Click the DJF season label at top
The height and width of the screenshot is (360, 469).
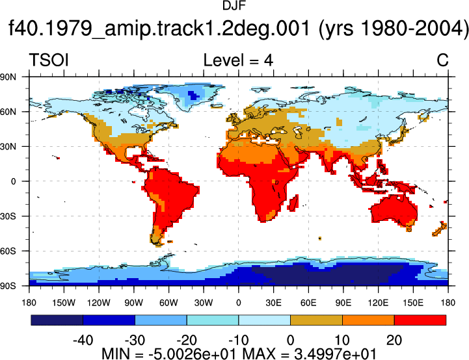click(x=234, y=6)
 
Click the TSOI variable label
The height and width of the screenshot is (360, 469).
click(x=49, y=60)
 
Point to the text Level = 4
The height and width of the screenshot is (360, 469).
click(x=238, y=60)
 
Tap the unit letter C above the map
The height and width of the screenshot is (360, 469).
click(x=442, y=60)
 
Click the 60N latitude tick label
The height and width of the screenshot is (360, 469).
click(x=8, y=112)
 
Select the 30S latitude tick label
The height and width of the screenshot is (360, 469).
click(x=8, y=216)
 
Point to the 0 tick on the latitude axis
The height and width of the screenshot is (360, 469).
click(x=13, y=181)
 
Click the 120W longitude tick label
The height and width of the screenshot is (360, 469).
click(x=99, y=303)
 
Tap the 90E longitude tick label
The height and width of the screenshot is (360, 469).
click(x=343, y=303)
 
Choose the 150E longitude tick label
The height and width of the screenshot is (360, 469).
click(x=413, y=303)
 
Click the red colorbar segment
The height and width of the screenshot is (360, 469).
click(x=420, y=320)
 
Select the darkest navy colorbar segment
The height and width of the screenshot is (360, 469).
click(x=57, y=320)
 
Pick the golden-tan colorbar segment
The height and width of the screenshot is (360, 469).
click(x=316, y=320)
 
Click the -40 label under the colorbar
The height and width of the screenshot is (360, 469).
click(x=83, y=340)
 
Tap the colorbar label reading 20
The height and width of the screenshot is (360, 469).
click(x=394, y=340)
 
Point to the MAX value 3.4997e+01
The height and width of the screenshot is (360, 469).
click(x=335, y=354)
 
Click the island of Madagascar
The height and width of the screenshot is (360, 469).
click(x=293, y=203)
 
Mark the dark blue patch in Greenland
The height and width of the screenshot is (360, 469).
click(x=194, y=96)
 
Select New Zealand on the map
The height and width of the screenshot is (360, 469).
click(x=440, y=229)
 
